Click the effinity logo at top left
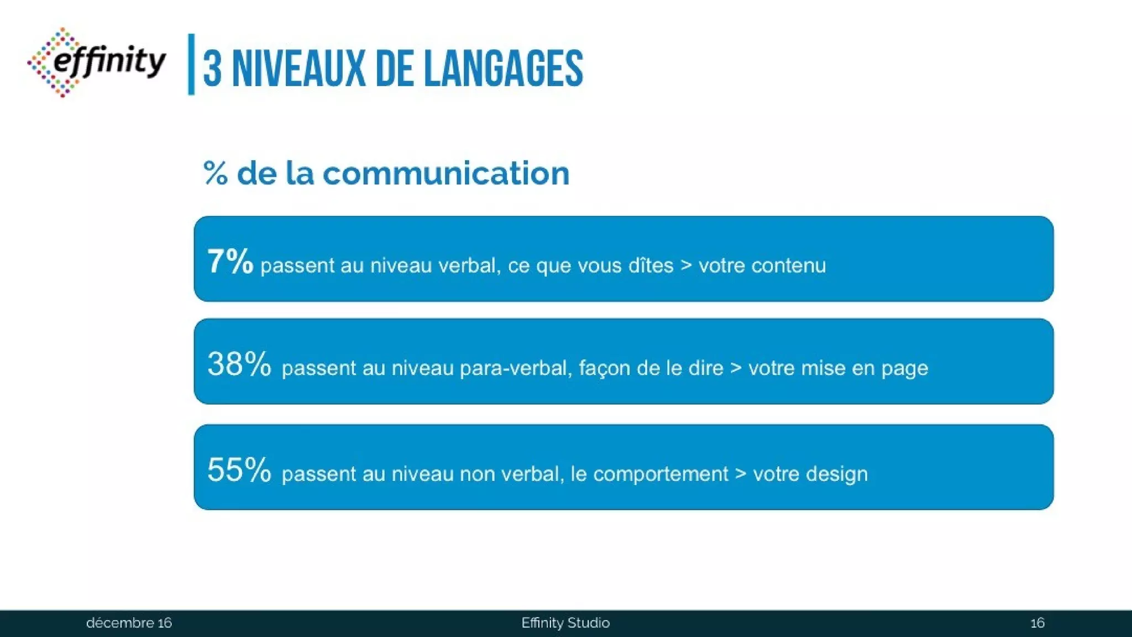pos(97,62)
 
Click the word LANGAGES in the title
pos(504,69)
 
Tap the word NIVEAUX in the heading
pos(299,69)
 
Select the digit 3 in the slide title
pos(212,70)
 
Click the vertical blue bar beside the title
pos(191,64)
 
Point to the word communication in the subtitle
pos(446,173)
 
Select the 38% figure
pos(239,364)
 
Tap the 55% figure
pos(239,470)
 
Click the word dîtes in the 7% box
pos(651,265)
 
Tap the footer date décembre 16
pos(129,623)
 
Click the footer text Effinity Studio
pos(565,623)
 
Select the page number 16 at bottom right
pos(1037,623)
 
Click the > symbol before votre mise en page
pos(736,368)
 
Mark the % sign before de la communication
pos(216,174)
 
